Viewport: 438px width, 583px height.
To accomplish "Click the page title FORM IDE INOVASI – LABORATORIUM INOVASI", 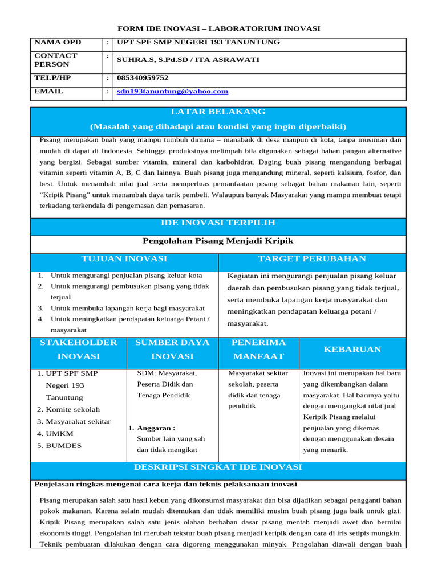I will [218, 28].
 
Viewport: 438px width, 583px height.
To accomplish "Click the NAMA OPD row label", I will [58, 43].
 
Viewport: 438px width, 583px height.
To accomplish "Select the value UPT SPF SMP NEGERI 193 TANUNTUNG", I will [198, 43].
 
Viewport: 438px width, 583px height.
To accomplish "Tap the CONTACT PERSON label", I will [56, 60].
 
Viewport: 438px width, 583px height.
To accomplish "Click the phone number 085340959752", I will [143, 78].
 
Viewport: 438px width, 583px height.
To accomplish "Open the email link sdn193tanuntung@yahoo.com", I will [172, 91].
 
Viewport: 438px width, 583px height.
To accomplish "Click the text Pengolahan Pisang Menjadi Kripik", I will [218, 241].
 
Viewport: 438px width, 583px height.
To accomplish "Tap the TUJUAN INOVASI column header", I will [124, 259].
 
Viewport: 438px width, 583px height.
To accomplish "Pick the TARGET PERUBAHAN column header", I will [312, 259].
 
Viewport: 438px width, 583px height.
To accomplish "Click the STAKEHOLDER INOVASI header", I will [79, 350].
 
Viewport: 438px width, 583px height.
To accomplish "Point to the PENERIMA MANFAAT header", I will [258, 350].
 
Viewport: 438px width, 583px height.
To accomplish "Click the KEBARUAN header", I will [352, 350].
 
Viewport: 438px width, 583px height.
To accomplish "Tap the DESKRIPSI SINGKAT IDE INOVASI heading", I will [218, 467].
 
